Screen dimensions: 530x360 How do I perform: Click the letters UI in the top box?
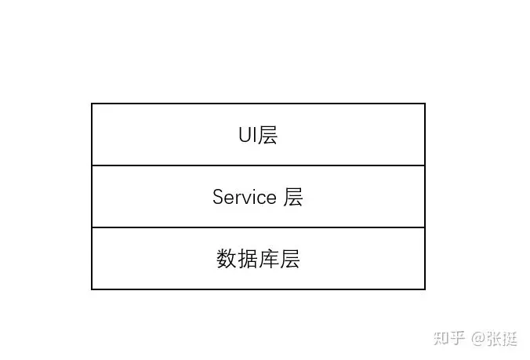coord(249,135)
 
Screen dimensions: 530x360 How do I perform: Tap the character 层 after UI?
coord(268,135)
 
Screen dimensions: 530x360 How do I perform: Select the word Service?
coord(245,197)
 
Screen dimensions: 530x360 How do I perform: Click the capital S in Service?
coord(218,197)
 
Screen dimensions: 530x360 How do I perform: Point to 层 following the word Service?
coord(293,197)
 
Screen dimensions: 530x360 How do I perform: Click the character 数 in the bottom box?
coord(227,259)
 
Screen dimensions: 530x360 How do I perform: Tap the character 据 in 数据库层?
coord(248,259)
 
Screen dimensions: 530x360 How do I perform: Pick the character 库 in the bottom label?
coord(269,259)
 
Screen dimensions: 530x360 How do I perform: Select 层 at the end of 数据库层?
coord(290,259)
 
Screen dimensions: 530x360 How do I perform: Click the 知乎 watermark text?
coord(450,339)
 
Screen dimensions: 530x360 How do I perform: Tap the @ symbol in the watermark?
coord(478,339)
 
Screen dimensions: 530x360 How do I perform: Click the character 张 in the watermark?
coord(495,339)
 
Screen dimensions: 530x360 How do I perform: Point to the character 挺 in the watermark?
coord(510,339)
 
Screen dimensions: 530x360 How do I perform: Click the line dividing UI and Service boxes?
coord(258,165)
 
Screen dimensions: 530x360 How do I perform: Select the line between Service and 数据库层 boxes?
coord(258,227)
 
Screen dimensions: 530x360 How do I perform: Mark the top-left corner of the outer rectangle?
coord(92,104)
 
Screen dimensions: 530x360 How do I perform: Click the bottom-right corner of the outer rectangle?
coord(425,289)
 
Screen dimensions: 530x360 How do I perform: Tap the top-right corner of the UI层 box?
coord(425,104)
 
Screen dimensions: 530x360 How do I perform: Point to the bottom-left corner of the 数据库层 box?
coord(92,289)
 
